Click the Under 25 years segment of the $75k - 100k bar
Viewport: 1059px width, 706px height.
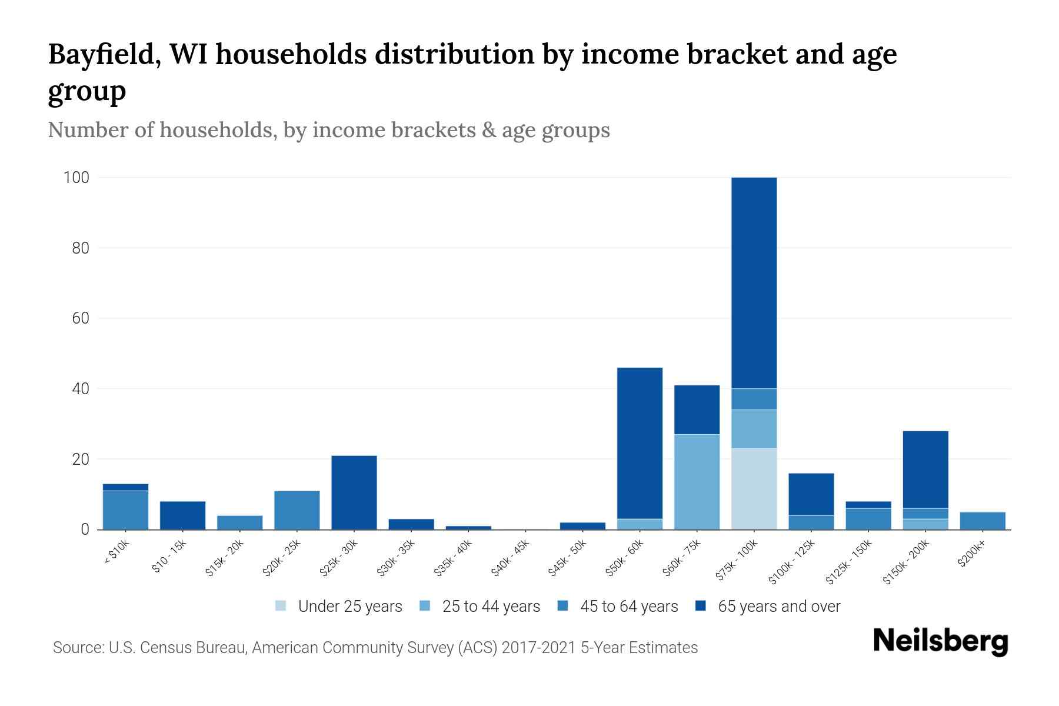(x=754, y=489)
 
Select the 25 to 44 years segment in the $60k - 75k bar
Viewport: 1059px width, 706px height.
(x=697, y=482)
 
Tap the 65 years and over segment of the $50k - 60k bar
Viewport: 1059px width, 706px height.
(x=640, y=443)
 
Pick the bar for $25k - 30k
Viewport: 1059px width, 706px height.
(x=354, y=492)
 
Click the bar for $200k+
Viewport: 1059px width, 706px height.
(x=983, y=521)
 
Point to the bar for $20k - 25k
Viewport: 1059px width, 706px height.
(x=297, y=510)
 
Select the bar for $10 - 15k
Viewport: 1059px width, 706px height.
(x=182, y=515)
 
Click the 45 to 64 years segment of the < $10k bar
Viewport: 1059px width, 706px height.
(x=125, y=510)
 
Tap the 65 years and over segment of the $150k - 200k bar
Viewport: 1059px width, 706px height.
(x=925, y=469)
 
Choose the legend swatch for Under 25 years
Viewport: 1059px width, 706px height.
(x=281, y=606)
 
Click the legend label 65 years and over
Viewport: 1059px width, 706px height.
(x=779, y=607)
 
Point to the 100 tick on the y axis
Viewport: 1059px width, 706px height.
(x=76, y=178)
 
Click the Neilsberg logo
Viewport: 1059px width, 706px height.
(x=940, y=641)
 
